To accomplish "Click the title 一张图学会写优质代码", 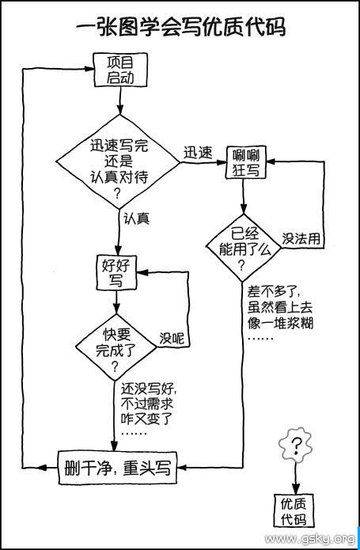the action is tap(181, 27).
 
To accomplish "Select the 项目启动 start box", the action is tap(120, 70).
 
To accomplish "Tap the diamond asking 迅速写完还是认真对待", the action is tap(119, 161).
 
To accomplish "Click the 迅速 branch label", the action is tap(198, 153).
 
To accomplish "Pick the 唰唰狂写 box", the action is tap(246, 162).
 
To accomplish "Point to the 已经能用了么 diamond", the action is tap(244, 248).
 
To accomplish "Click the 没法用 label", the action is tap(301, 239).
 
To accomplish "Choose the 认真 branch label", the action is tap(137, 219).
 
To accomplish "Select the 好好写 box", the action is tap(117, 272).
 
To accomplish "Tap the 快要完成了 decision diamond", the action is tap(116, 347).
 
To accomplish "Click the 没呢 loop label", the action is tap(172, 339).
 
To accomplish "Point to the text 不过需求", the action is tap(147, 404).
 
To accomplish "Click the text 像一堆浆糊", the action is tap(280, 323).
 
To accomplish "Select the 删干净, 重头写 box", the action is tap(117, 468).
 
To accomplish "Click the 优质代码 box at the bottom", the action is tap(294, 511).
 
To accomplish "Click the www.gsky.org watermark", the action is tap(309, 539).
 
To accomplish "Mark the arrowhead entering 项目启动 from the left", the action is tap(89, 69).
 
